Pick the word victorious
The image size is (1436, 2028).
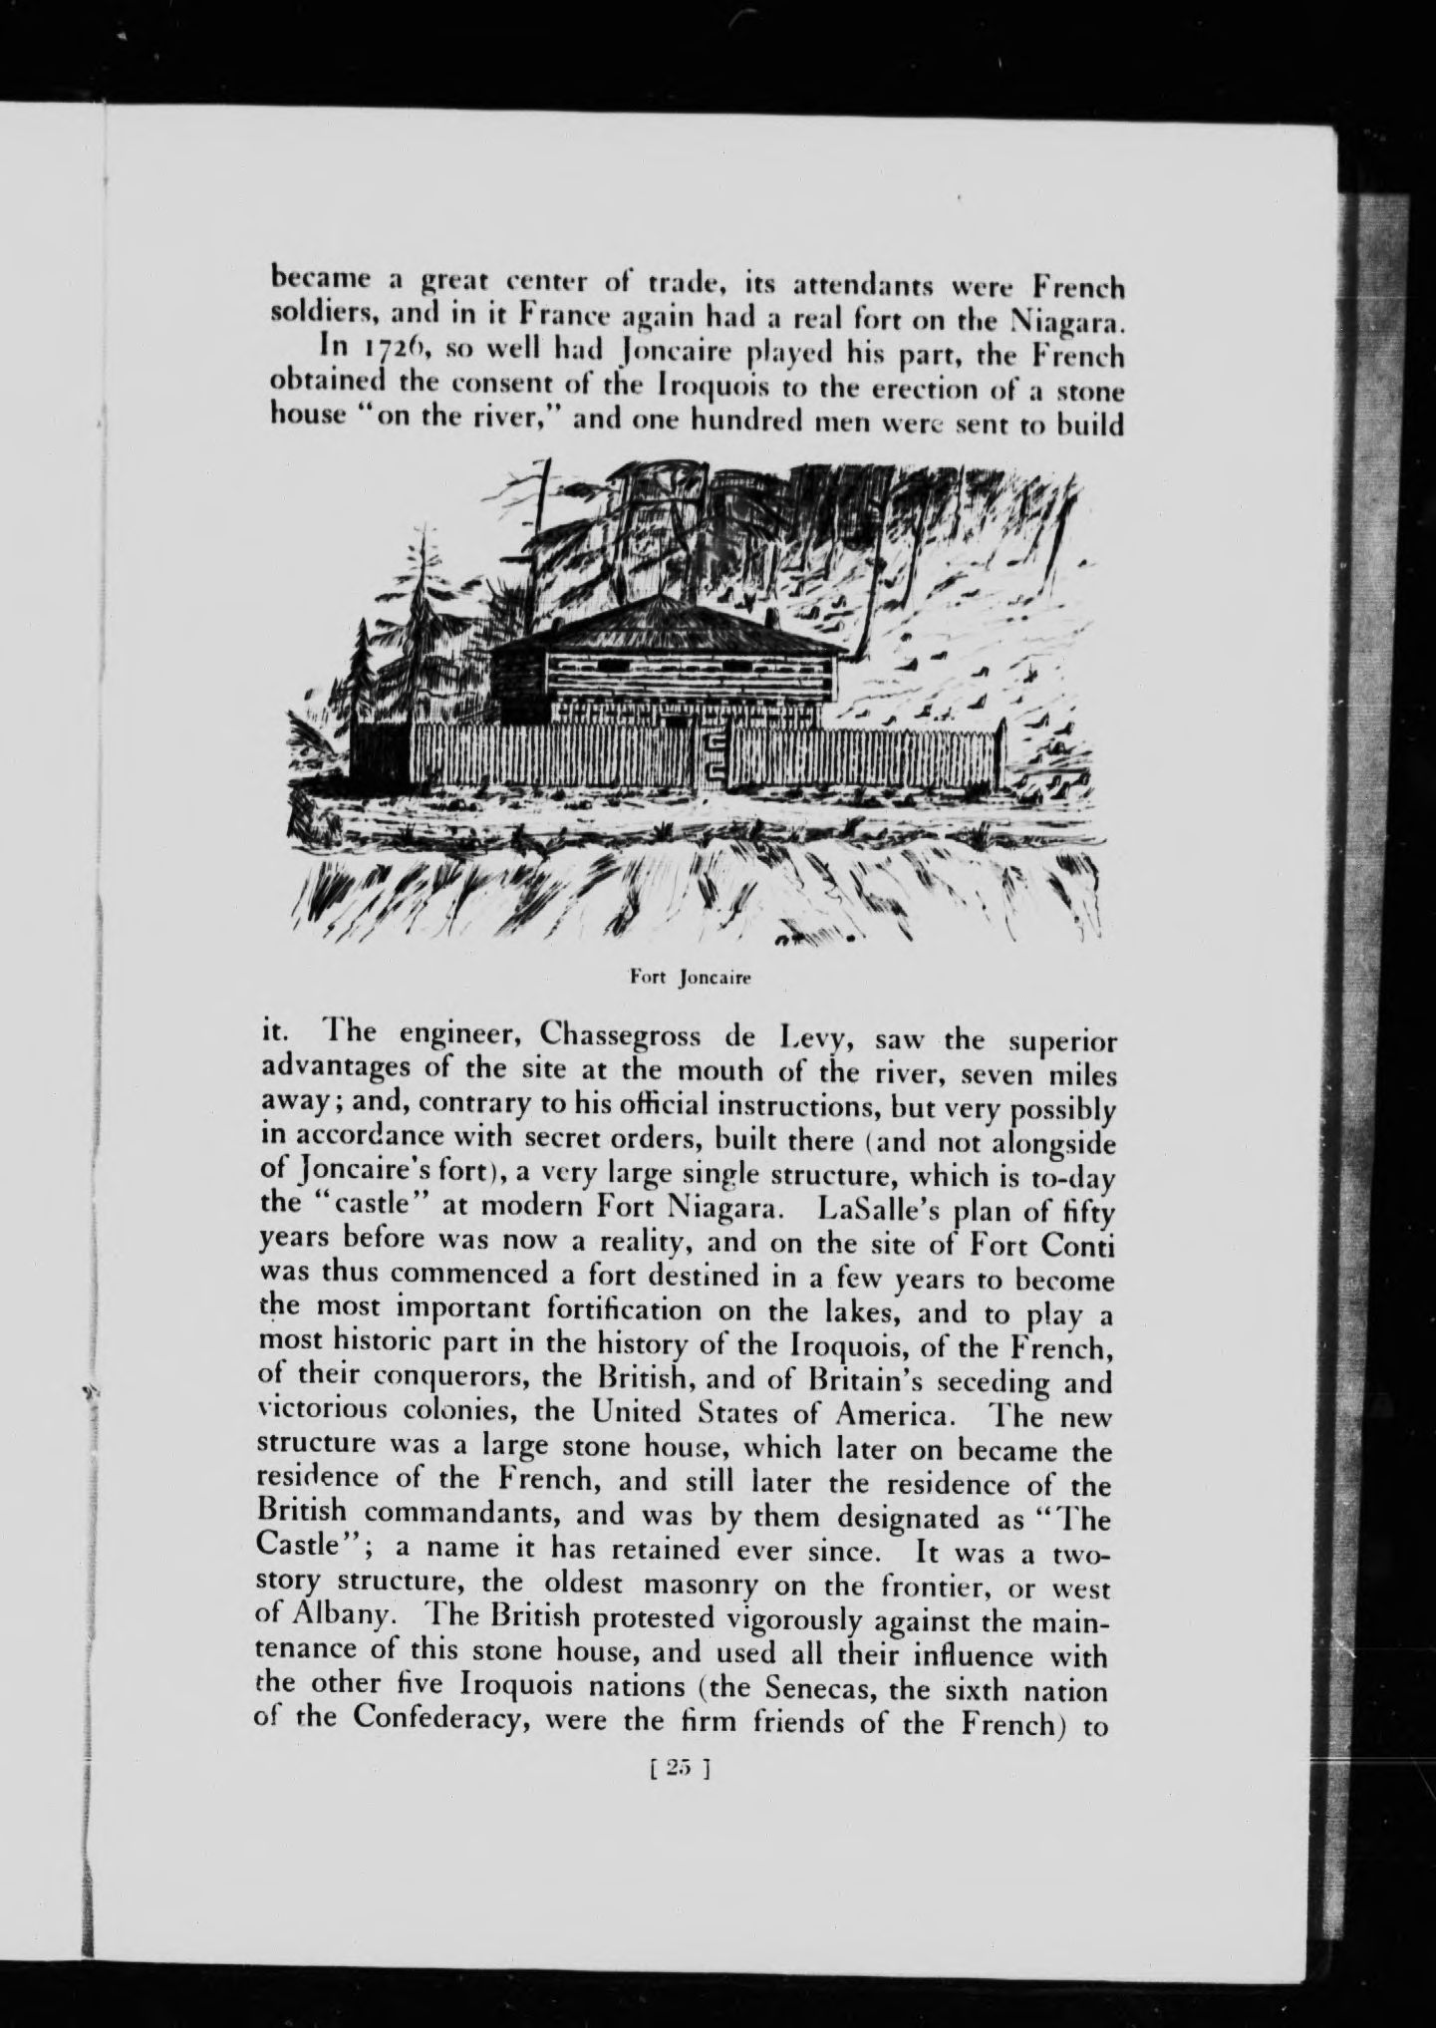tap(320, 1413)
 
